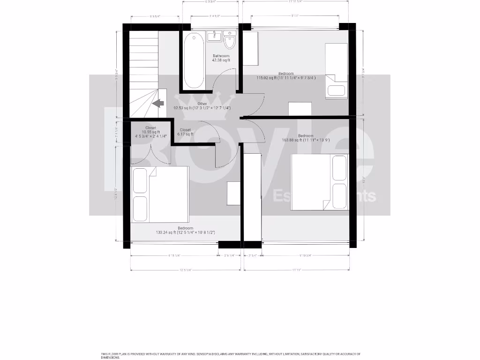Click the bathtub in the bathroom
tap(194, 60)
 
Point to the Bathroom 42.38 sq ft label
tap(221, 58)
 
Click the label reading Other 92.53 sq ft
tap(202, 106)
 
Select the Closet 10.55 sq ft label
tap(150, 132)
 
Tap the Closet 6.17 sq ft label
tap(185, 132)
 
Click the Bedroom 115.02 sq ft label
tap(286, 76)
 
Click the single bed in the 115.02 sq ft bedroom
tap(337, 70)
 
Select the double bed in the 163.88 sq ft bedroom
tap(320, 182)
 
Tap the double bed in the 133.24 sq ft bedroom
tap(160, 194)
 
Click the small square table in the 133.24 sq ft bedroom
tap(233, 194)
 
